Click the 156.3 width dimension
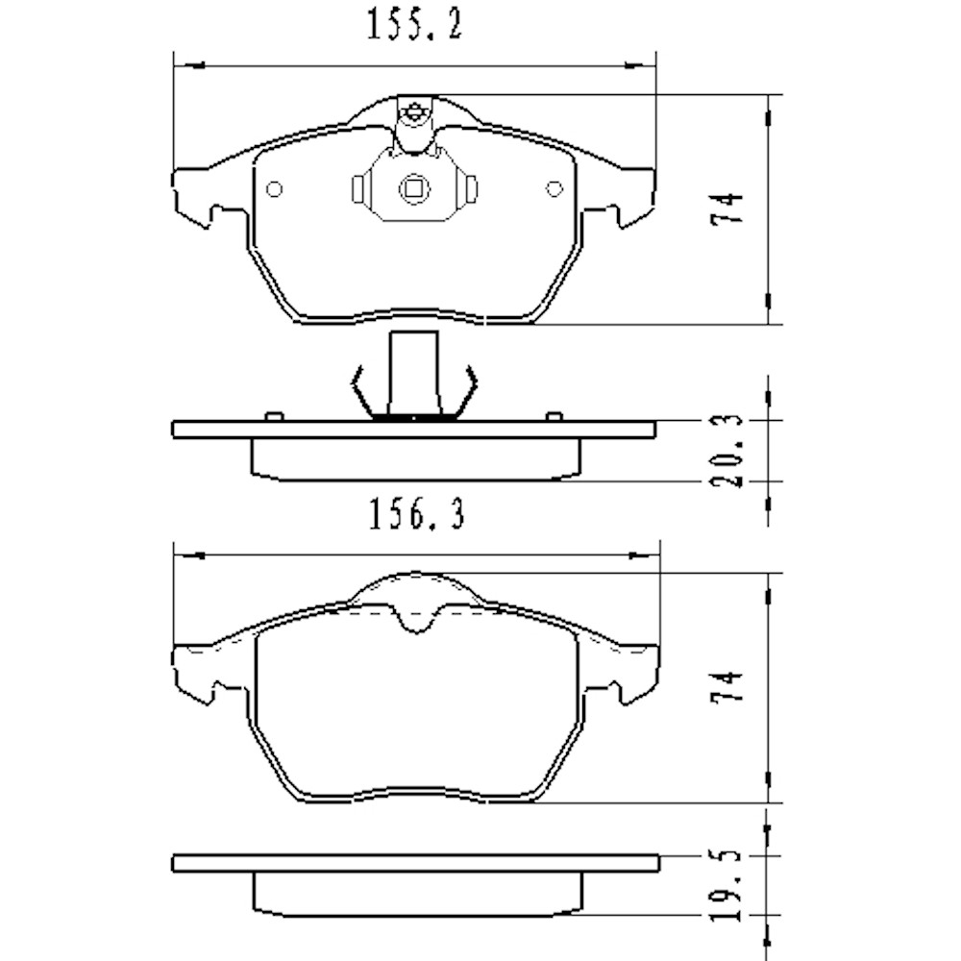[416, 516]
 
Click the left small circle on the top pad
[274, 189]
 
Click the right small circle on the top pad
[554, 189]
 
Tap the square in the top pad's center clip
[414, 188]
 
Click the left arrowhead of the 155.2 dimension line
[192, 65]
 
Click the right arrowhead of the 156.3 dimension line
[638, 554]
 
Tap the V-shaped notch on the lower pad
[415, 622]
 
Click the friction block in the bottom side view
[415, 896]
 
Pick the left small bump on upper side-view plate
[273, 416]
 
